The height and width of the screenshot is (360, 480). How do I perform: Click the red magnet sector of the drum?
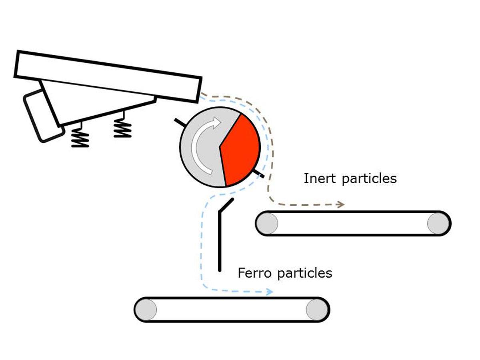[x=240, y=150]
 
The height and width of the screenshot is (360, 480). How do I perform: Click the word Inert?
[x=320, y=178]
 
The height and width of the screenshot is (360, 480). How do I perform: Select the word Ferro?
[x=255, y=273]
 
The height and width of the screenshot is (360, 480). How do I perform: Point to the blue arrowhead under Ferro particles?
[x=269, y=292]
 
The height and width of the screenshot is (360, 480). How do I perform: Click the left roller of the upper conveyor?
[x=268, y=223]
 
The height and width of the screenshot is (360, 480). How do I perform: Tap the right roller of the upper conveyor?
[x=438, y=223]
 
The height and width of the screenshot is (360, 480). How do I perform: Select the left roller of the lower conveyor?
[x=146, y=310]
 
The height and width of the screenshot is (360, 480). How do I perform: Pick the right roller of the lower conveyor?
[x=316, y=310]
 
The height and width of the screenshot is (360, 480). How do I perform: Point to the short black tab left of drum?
[x=179, y=122]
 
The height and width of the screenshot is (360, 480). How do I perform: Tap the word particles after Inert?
[x=369, y=178]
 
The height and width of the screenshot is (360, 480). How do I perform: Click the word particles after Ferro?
[x=304, y=274]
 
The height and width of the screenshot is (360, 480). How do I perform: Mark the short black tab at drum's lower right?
[x=259, y=174]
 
